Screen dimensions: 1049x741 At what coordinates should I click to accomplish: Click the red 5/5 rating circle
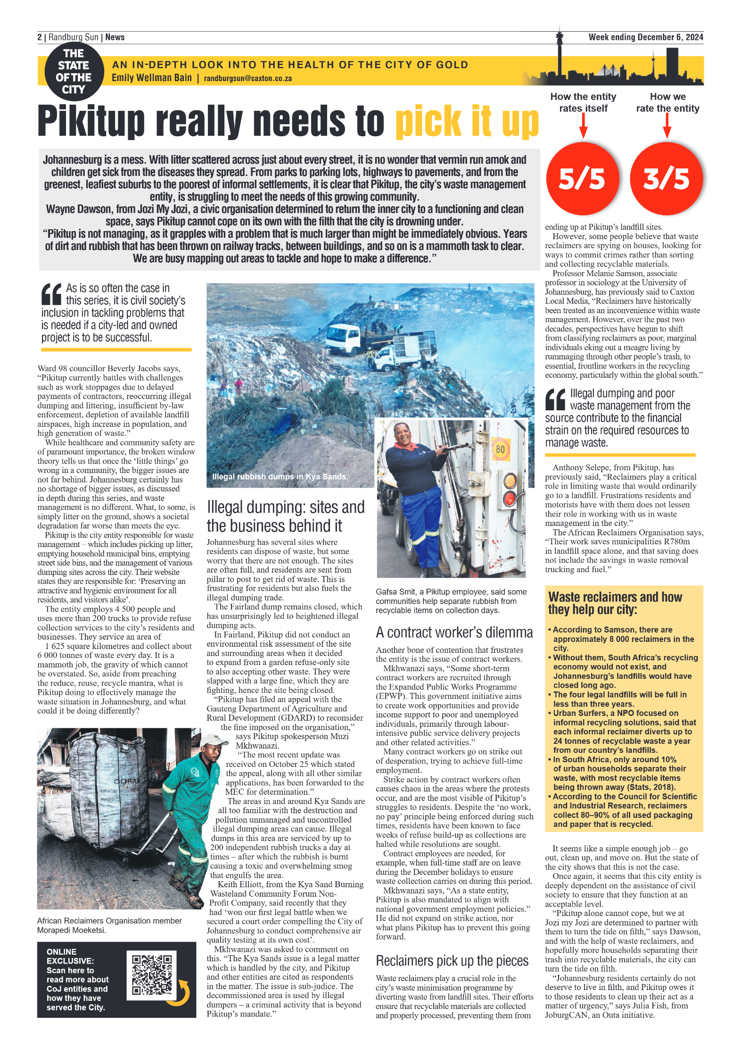(582, 178)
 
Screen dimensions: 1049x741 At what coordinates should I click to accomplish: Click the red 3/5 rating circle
(666, 178)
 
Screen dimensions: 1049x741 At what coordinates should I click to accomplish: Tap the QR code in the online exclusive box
(152, 975)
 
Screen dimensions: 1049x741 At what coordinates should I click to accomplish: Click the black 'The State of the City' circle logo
(74, 71)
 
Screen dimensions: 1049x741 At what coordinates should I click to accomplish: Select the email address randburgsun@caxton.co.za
(247, 79)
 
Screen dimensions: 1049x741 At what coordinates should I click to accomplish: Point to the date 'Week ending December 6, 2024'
(645, 37)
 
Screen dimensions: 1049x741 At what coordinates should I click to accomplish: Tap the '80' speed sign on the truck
(500, 449)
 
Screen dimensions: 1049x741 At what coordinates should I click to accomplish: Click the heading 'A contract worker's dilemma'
(454, 632)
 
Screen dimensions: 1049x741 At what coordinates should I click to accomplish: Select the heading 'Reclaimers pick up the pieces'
(452, 960)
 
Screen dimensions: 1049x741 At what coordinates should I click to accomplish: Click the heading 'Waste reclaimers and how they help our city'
(615, 603)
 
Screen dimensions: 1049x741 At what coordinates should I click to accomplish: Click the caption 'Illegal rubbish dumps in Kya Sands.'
(280, 476)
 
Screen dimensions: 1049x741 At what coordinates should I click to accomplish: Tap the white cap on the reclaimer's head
(213, 739)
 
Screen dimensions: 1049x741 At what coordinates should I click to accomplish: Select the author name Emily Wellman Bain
(151, 78)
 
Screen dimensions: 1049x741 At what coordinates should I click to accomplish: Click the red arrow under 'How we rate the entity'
(667, 126)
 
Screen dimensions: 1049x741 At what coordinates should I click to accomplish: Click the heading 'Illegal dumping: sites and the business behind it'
(285, 516)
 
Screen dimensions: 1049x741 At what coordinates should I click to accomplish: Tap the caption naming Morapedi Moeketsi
(109, 925)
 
